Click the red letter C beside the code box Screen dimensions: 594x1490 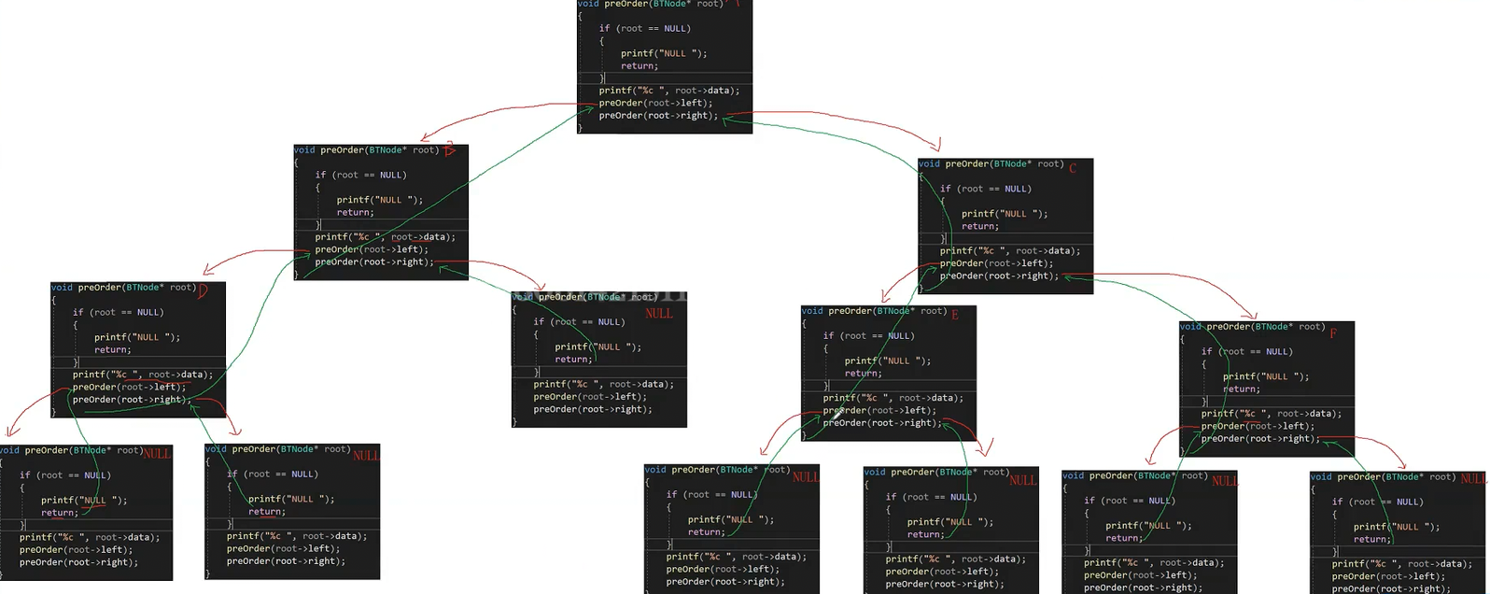coord(1073,168)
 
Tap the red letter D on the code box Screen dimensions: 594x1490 coord(202,290)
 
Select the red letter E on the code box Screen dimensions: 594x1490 coord(954,315)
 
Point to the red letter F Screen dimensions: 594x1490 coord(1333,332)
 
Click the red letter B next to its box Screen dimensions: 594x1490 coord(449,150)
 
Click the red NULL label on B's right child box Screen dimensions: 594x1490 coord(658,314)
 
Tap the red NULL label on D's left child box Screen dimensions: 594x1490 coord(156,453)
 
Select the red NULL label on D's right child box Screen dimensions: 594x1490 coord(365,455)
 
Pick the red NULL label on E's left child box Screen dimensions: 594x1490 coord(805,476)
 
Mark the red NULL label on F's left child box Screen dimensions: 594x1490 coord(1224,481)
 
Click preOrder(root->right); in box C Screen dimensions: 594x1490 coord(999,276)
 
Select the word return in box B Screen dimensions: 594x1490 coord(354,212)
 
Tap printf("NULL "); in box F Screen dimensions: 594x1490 coord(1266,376)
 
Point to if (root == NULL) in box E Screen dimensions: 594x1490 coord(868,335)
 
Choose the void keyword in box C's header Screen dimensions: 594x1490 coord(929,163)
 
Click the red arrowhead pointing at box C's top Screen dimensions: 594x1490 coord(936,146)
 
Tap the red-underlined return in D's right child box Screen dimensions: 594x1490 coord(266,511)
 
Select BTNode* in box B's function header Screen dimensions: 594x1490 coord(387,149)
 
